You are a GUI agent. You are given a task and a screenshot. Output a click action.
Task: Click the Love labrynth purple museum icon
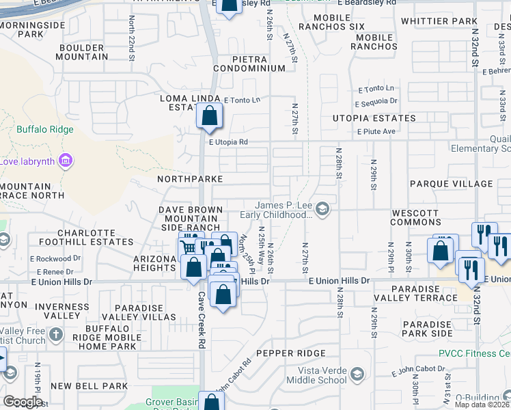[x=66, y=161]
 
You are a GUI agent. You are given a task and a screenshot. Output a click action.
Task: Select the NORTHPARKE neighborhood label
[x=190, y=178]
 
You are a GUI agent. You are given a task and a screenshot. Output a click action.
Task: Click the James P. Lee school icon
[x=322, y=210]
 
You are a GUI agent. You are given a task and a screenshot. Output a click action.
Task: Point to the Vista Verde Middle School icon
[x=359, y=374]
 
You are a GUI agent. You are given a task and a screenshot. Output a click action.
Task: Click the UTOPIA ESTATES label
[x=374, y=118]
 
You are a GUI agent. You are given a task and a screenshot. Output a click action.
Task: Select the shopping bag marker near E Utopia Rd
[x=210, y=115]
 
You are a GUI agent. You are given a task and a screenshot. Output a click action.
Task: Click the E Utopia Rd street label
[x=228, y=142]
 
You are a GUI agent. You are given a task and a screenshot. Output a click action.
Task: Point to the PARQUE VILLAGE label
[x=451, y=184]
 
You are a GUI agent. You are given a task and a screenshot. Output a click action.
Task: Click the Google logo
[x=23, y=402]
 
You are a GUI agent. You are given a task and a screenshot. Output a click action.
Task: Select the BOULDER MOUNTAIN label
[x=83, y=52]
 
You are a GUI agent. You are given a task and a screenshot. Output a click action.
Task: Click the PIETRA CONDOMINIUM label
[x=249, y=64]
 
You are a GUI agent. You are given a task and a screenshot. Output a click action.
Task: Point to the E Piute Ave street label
[x=376, y=131]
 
